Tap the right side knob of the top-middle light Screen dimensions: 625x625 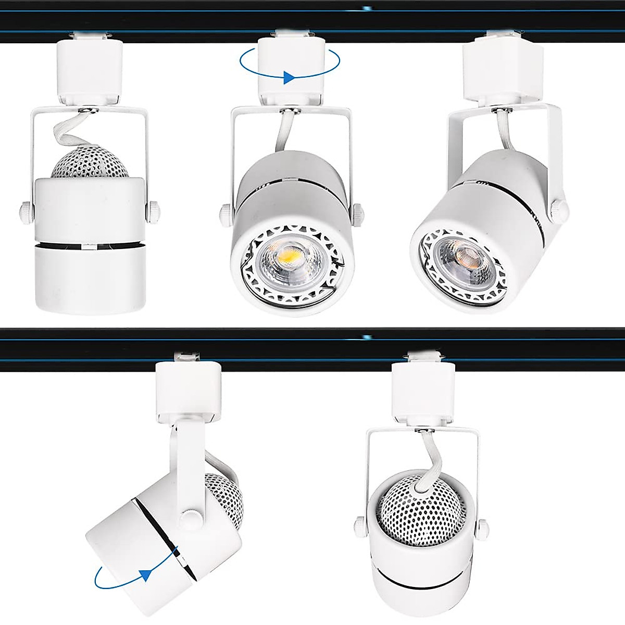[358, 213]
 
